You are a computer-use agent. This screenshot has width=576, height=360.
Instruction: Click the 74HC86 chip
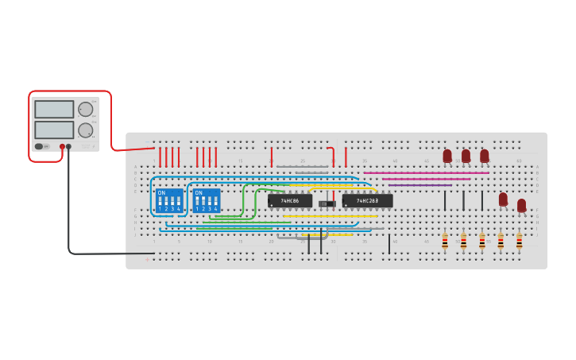[x=289, y=201]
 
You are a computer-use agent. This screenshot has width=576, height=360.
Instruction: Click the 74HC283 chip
[x=367, y=201]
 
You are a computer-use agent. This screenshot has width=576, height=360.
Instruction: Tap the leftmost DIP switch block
[x=169, y=200]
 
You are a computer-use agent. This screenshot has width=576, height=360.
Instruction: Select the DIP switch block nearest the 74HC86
[x=207, y=200]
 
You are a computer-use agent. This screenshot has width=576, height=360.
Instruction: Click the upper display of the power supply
[x=54, y=110]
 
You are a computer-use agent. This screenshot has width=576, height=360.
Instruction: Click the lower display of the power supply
[x=54, y=129]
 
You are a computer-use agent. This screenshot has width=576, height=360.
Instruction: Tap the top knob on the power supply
[x=85, y=110]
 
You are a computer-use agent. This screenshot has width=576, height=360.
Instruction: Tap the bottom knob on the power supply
[x=85, y=130]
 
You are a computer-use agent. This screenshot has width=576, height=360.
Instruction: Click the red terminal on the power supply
[x=62, y=147]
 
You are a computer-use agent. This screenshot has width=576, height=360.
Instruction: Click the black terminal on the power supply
[x=69, y=147]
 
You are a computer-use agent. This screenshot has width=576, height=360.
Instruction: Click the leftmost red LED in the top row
[x=447, y=156]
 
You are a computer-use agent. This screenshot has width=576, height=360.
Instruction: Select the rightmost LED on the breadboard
[x=521, y=206]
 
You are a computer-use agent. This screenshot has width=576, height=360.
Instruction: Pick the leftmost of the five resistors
[x=445, y=241]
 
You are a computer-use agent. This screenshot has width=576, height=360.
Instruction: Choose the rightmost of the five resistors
[x=519, y=241]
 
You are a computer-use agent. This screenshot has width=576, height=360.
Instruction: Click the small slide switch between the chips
[x=327, y=204]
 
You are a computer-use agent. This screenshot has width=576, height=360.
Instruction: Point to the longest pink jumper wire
[x=426, y=172]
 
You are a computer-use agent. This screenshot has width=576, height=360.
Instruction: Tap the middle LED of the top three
[x=466, y=156]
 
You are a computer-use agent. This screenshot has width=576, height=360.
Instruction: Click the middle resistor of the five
[x=481, y=241]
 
